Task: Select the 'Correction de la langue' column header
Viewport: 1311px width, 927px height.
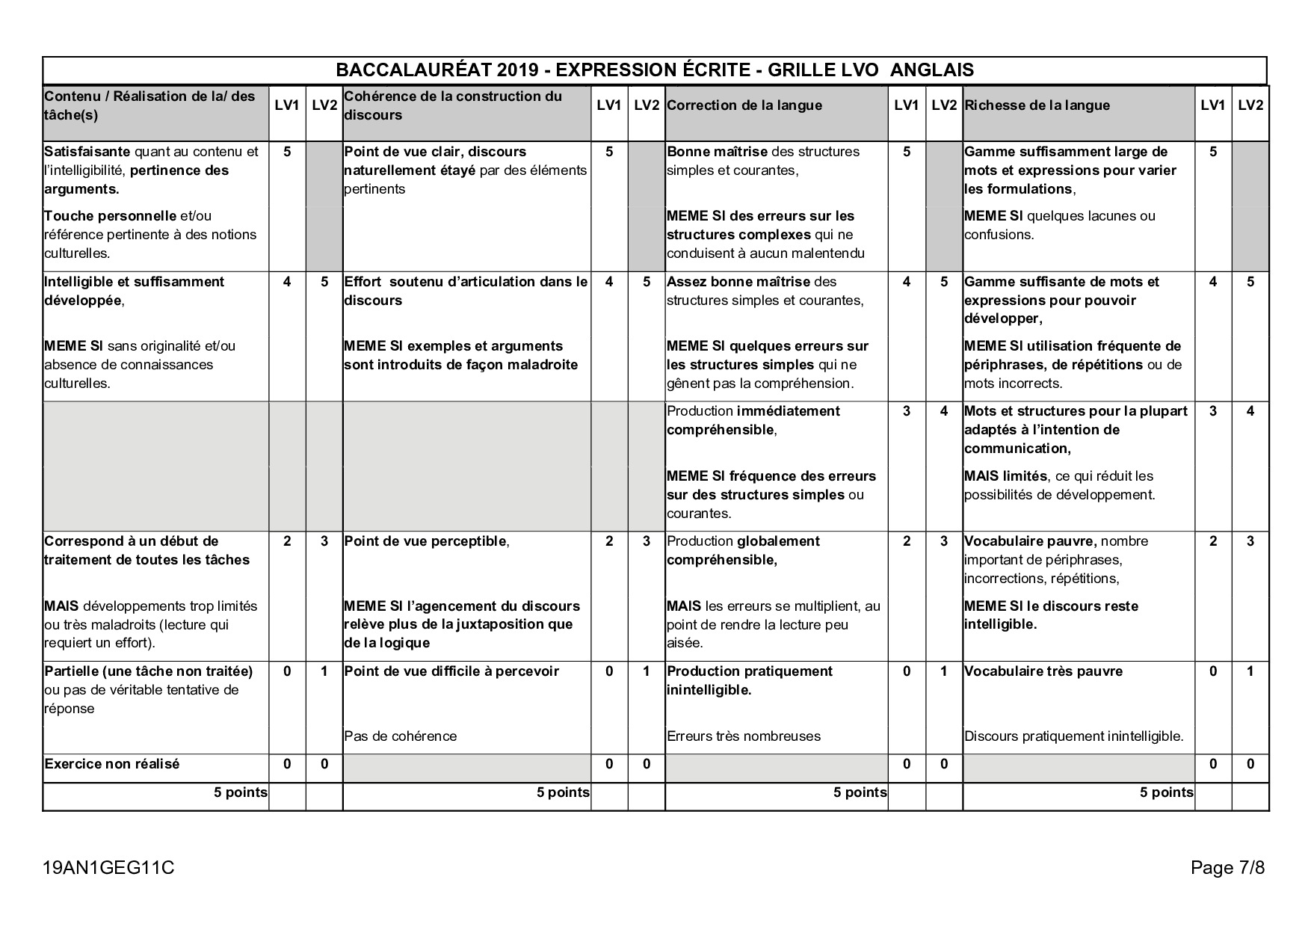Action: (744, 105)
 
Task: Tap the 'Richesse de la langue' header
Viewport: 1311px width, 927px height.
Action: (1037, 105)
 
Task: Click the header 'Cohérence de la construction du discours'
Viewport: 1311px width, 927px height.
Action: (453, 105)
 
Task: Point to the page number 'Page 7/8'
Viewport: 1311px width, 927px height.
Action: (1227, 868)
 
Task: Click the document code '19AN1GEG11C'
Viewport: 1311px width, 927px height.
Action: (108, 868)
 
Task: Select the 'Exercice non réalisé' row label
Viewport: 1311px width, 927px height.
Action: (112, 764)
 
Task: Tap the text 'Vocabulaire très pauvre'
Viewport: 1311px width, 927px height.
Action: (1043, 671)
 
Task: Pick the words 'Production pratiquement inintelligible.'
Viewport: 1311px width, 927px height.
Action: (749, 680)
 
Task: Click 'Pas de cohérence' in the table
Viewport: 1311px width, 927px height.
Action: (400, 736)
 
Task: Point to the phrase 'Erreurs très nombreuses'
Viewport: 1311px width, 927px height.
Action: (744, 736)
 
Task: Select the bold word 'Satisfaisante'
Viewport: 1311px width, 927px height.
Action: (87, 152)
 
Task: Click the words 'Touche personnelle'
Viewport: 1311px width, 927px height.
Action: (110, 216)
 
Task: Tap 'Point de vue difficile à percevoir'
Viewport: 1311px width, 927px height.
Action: (451, 671)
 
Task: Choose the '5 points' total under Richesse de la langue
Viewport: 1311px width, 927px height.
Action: (1166, 792)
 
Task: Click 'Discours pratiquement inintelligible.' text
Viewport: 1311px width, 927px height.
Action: (1073, 736)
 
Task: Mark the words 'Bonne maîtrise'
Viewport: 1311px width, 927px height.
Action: (717, 152)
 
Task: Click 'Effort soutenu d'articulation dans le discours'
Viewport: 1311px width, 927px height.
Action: (466, 291)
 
